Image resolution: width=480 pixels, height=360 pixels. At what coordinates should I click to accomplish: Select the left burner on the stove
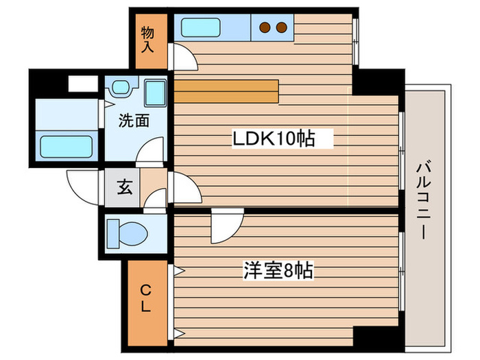265,28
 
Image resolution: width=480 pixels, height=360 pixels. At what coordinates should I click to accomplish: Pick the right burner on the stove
280,28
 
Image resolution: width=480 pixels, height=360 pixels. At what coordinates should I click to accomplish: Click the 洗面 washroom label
134,121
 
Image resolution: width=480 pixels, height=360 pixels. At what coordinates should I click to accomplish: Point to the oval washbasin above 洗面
121,88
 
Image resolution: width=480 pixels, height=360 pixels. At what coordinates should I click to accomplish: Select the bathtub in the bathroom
66,146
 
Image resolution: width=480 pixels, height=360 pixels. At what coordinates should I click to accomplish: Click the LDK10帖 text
273,139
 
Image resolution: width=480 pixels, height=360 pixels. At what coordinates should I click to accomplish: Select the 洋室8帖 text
278,270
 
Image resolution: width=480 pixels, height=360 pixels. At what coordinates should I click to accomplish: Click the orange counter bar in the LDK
226,90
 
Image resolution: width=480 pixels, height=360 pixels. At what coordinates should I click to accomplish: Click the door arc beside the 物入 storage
182,58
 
